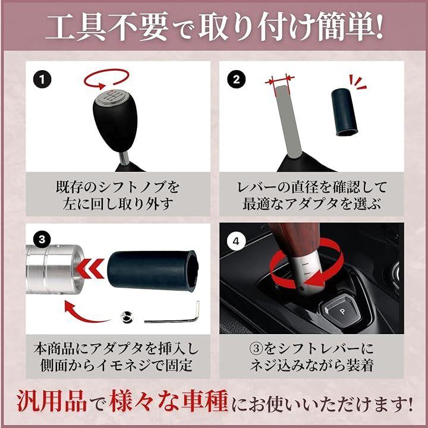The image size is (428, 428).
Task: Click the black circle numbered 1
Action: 42,80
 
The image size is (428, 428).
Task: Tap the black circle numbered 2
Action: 236,80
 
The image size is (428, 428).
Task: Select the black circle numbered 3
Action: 42,239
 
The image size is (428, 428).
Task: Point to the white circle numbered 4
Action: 236,241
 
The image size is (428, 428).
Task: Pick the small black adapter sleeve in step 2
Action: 344,112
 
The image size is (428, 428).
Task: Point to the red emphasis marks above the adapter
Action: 358,82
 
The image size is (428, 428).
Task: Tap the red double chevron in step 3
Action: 90,268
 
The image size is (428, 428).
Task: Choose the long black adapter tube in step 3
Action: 152,271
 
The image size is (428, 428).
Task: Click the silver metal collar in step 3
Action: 55,269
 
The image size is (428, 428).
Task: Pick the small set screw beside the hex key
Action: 127,317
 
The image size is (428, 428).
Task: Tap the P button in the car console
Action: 342,311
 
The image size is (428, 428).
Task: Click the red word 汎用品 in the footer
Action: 52,401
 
